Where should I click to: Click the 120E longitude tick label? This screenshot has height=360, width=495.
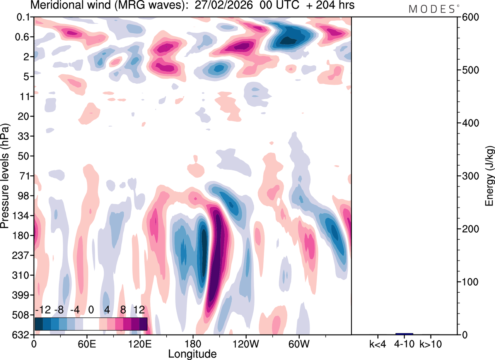pyautogui.click(x=140, y=343)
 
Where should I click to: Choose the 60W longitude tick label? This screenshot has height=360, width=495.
pyautogui.click(x=299, y=343)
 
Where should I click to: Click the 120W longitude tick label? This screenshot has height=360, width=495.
pyautogui.click(x=246, y=343)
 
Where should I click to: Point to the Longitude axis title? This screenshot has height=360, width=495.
pyautogui.click(x=192, y=353)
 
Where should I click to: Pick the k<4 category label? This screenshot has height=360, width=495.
pyautogui.click(x=378, y=343)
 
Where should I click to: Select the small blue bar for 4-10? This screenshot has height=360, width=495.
pyautogui.click(x=404, y=334)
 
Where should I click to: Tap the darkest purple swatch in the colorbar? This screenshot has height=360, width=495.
pyautogui.click(x=143, y=324)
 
